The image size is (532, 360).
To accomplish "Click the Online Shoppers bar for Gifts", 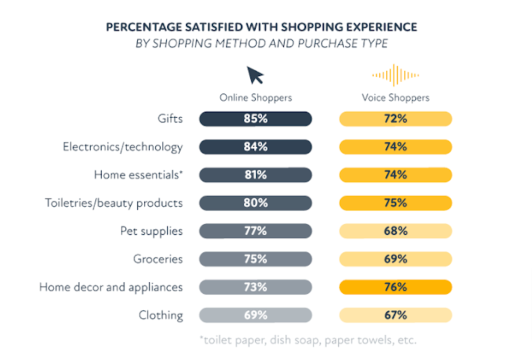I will click(255, 119).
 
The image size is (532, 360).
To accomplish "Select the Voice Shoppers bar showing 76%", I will click(395, 287).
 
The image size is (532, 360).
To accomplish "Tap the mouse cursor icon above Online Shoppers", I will click(255, 75).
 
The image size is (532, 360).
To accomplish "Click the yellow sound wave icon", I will click(395, 75).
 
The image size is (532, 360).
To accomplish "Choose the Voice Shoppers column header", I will click(395, 98).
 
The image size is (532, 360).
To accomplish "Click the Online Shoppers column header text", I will click(255, 98).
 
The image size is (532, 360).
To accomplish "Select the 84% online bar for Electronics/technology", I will click(255, 147).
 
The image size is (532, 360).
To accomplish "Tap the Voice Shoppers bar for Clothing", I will click(395, 315).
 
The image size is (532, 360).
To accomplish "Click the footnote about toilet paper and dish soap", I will click(307, 340).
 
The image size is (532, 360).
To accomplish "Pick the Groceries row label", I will click(158, 259).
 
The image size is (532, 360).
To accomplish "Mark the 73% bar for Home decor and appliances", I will click(255, 287).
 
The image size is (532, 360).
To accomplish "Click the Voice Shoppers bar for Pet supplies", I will click(395, 231).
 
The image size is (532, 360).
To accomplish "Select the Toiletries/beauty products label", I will click(114, 203).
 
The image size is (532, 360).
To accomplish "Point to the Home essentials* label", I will click(138, 175).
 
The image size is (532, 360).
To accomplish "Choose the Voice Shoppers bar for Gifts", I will click(395, 119).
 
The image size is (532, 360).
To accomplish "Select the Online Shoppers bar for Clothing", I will click(255, 315).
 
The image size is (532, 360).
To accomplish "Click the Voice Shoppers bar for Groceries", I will click(395, 259).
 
